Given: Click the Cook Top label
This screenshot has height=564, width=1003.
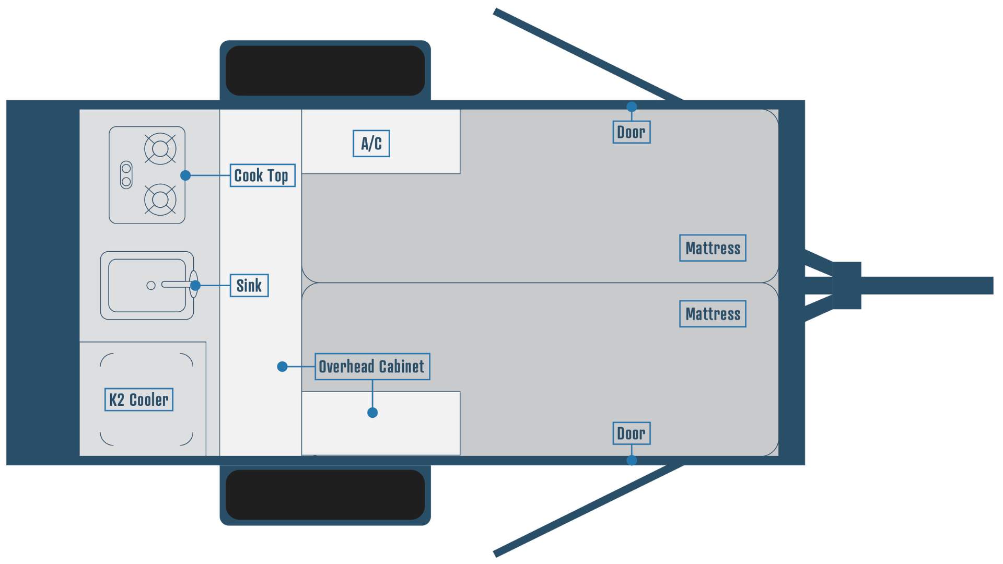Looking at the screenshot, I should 262,175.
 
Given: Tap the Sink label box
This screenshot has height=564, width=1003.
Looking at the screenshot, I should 249,286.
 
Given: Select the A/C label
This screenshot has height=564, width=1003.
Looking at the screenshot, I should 371,144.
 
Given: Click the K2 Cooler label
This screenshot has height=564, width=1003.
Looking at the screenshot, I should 138,400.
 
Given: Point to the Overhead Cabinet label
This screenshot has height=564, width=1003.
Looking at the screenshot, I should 372,367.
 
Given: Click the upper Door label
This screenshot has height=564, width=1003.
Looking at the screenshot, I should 631,132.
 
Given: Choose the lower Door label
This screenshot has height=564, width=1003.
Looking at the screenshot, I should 631,433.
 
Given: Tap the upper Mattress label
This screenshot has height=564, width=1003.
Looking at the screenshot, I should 713,248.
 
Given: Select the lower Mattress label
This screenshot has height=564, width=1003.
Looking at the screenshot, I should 713,314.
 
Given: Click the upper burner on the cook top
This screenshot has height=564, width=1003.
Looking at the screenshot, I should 160,149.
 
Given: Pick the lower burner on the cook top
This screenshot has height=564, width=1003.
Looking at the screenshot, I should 160,199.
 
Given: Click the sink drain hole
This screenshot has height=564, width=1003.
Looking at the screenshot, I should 151,285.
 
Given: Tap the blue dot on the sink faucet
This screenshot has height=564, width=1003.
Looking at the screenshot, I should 195,285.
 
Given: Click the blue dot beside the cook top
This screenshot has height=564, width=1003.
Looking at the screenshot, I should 185,175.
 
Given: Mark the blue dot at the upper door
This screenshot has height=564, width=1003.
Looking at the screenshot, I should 632,107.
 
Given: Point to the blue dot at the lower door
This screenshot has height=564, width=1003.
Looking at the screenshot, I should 632,460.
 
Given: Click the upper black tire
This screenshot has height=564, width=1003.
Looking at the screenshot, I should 325,70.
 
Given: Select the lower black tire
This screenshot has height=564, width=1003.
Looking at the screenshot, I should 325,495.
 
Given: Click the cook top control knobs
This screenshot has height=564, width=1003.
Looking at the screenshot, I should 126,175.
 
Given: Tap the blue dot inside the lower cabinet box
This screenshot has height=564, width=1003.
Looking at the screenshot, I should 372,413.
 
